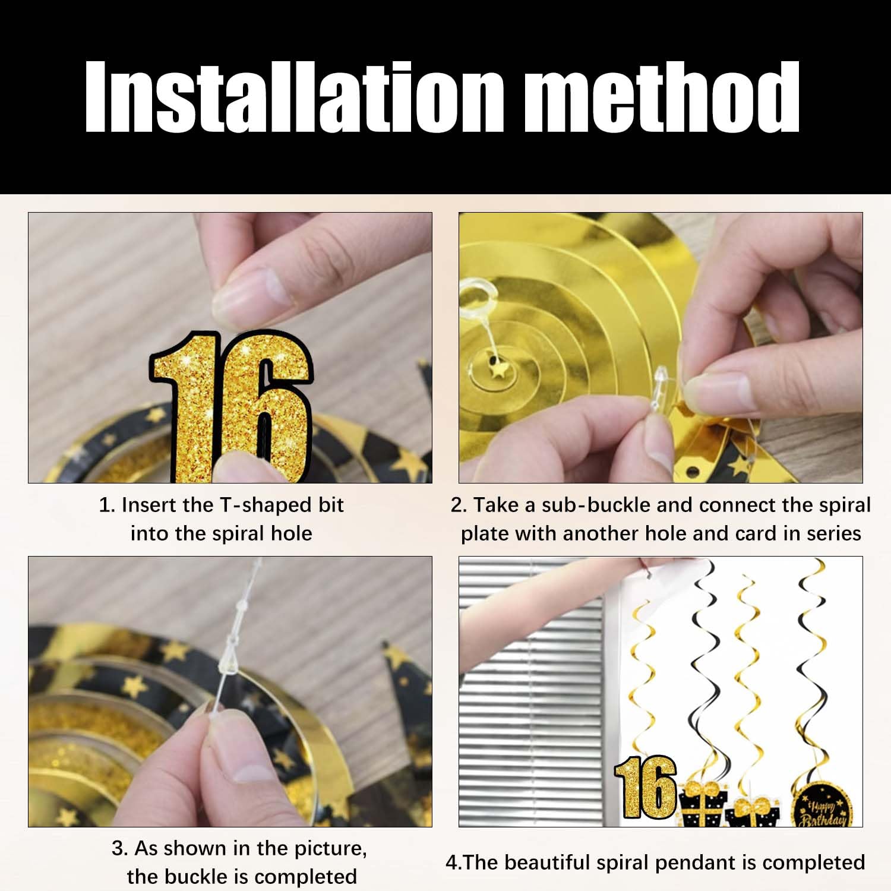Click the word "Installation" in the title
coord(295,96)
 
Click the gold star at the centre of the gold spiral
coord(495,368)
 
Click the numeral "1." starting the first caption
coord(107,505)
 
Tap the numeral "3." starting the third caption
coord(120,849)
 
